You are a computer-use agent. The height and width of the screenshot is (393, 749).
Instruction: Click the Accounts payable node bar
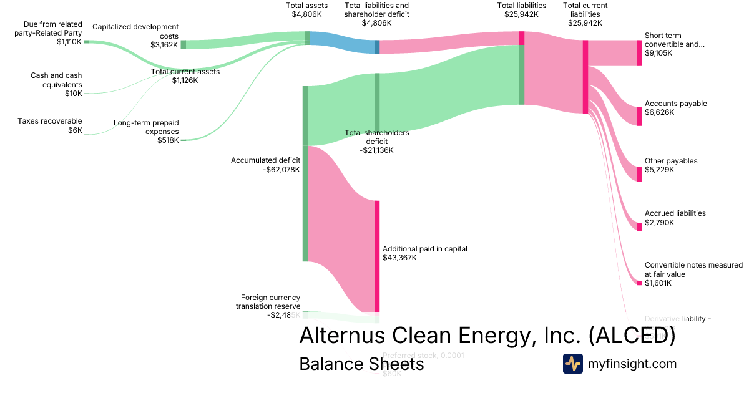[x=639, y=116]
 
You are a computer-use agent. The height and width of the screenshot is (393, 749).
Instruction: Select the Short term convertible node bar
[x=639, y=53]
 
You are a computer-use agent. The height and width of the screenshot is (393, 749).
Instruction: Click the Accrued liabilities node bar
[x=639, y=226]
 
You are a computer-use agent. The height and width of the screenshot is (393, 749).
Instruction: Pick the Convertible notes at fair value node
[x=639, y=283]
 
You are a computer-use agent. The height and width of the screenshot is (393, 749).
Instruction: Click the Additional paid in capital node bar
[x=377, y=256]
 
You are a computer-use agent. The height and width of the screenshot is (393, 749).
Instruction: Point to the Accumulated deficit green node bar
[x=305, y=173]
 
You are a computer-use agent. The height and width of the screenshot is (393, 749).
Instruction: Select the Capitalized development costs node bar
[x=183, y=44]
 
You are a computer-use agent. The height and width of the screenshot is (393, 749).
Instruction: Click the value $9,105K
[x=658, y=54]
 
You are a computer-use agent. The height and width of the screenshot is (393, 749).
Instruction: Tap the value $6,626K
[x=658, y=112]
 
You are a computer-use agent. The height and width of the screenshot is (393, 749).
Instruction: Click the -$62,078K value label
[x=281, y=169]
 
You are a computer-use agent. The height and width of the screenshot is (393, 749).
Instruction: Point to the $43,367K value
[x=399, y=258]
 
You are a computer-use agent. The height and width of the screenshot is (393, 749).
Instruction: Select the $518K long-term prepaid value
[x=168, y=140]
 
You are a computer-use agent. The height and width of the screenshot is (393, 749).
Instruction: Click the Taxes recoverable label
[x=49, y=121]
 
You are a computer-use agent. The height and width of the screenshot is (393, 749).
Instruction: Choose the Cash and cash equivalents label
[x=56, y=80]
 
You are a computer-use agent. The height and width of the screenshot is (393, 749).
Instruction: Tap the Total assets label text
[x=306, y=6]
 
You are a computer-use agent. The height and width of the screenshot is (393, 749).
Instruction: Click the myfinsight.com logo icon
[x=572, y=364]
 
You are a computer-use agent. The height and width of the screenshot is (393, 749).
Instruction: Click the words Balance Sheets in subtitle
[x=361, y=364]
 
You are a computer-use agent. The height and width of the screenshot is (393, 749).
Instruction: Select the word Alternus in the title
[x=343, y=335]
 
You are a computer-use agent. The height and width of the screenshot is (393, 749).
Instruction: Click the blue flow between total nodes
[x=341, y=42]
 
